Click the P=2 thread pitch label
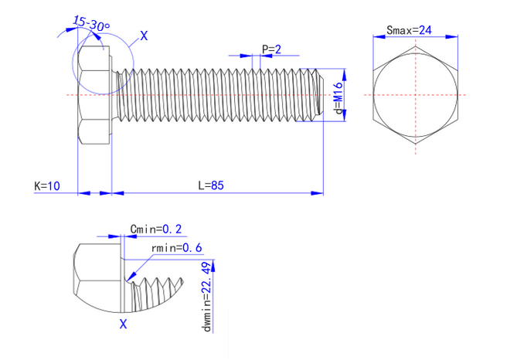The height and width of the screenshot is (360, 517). tap(271, 49)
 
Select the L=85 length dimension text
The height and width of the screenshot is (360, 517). tap(211, 185)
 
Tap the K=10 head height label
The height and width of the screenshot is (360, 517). tap(47, 186)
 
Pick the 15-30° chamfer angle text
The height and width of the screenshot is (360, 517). tap(91, 25)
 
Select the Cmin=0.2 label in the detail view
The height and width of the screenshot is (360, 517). tap(156, 229)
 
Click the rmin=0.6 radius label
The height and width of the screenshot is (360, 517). tap(177, 248)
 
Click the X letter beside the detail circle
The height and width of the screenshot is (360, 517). tap(145, 36)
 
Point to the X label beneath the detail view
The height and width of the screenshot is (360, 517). tap(123, 324)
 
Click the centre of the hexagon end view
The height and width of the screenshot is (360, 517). tap(417, 95)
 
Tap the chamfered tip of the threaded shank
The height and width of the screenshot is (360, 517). tap(318, 95)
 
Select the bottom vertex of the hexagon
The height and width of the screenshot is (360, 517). tap(417, 144)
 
